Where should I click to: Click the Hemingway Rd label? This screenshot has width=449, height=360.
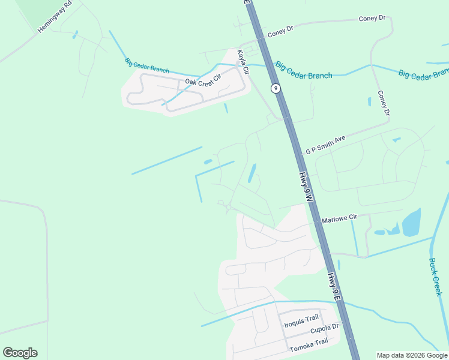click(x=55, y=16)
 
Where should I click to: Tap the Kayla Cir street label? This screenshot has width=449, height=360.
click(x=243, y=61)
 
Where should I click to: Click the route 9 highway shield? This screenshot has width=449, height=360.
click(x=276, y=88)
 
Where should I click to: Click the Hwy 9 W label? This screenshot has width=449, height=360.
click(x=306, y=187)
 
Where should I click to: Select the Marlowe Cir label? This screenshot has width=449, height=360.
click(x=339, y=219)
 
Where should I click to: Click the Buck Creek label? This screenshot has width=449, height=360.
click(x=435, y=277)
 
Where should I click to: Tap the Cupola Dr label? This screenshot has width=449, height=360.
click(x=325, y=329)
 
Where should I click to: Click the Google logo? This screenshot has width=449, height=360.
click(x=20, y=353)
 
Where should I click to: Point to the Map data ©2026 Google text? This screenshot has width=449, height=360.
click(x=412, y=355)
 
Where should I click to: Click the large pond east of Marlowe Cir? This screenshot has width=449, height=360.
click(x=412, y=223)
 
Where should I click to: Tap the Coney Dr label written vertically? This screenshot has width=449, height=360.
click(x=384, y=103)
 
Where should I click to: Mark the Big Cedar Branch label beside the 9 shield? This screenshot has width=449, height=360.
click(x=304, y=70)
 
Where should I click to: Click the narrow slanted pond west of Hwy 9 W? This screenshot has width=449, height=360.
click(x=252, y=173)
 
